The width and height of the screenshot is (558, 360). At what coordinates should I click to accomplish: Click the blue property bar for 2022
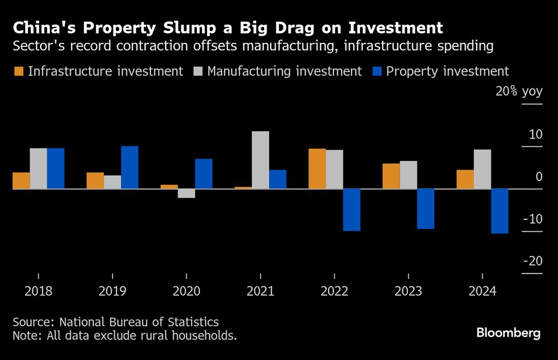point(352,210)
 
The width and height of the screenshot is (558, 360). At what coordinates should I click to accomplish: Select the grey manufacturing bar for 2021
point(261,160)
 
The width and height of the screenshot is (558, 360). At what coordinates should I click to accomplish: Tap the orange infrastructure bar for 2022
point(318,169)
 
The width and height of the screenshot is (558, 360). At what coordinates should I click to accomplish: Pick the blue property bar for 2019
point(129,167)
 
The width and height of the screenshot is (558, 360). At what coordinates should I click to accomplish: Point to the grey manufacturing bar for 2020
point(186,193)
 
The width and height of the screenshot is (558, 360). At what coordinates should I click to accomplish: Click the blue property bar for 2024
point(499,211)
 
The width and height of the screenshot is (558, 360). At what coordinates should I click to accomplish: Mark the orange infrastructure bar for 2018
point(21,181)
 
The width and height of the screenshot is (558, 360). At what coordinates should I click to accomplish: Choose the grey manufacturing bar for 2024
point(482,169)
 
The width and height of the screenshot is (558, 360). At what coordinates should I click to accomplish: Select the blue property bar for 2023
point(426,209)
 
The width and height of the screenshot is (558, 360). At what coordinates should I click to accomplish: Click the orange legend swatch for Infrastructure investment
point(19,71)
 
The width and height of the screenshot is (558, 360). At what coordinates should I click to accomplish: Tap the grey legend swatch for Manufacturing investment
point(198,71)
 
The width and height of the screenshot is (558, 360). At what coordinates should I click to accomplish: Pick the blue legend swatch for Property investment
point(377,71)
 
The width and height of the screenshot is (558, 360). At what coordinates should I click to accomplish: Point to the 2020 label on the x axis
point(186,291)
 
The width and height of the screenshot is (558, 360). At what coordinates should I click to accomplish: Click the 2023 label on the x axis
point(408,291)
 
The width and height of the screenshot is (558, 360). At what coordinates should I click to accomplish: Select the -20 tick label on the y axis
point(532,261)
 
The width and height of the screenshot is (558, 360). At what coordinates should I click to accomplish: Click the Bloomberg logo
point(508,333)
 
